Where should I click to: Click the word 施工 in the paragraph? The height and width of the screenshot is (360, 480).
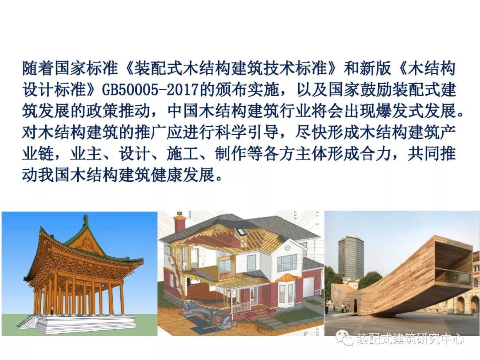(x=183, y=154)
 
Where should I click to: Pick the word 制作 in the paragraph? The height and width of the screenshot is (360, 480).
(x=231, y=154)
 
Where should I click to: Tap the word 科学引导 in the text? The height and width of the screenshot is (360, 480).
(x=247, y=132)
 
